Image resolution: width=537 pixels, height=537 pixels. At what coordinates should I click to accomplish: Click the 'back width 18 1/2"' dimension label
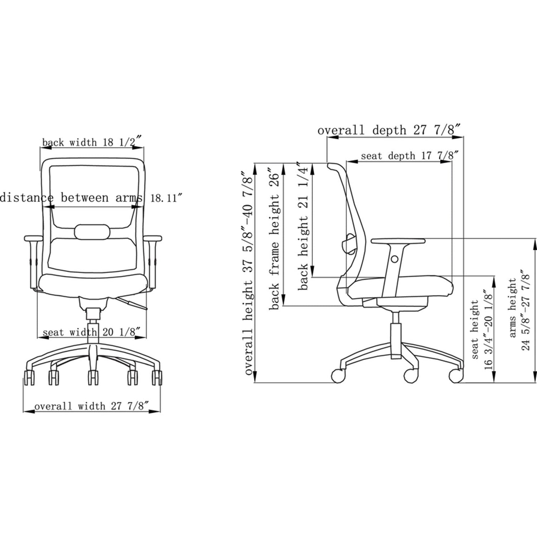point(92,142)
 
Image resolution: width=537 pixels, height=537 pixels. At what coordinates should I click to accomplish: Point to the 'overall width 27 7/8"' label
point(92,406)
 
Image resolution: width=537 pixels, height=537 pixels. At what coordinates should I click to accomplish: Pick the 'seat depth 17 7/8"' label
point(407,155)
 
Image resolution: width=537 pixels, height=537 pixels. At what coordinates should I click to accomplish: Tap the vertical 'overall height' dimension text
point(248,273)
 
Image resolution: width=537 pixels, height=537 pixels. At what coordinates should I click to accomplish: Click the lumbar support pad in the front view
point(92,232)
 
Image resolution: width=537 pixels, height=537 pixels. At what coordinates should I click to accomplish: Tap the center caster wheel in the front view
point(92,378)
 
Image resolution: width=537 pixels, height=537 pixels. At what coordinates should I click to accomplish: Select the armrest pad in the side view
point(398,241)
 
